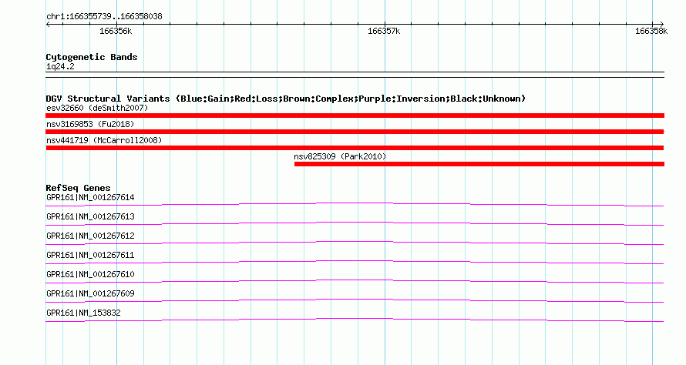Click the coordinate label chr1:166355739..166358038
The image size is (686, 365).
pos(104,17)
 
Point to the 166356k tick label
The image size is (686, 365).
pos(116,31)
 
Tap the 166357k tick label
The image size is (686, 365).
pos(384,31)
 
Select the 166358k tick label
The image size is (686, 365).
pos(651,31)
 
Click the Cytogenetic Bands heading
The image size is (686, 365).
pos(92,57)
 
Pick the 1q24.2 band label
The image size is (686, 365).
pos(60,66)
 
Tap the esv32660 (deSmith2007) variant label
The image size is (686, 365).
pos(97,108)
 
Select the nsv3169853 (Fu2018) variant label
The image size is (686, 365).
pos(90,124)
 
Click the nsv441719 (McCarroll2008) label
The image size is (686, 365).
pos(104,140)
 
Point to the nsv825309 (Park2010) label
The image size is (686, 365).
pos(340,156)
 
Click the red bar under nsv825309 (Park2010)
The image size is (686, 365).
pos(479,164)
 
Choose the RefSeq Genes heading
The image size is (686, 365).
pos(78,188)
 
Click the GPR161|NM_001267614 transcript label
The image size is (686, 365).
pos(90,198)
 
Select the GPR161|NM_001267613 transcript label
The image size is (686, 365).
pos(90,217)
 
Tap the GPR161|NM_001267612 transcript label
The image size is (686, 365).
pos(90,236)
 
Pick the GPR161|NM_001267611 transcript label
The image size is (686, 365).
pos(90,256)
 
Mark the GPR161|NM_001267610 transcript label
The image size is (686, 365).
pos(90,274)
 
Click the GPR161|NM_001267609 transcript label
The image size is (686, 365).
pos(90,293)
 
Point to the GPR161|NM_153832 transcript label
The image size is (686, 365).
pos(83,313)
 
